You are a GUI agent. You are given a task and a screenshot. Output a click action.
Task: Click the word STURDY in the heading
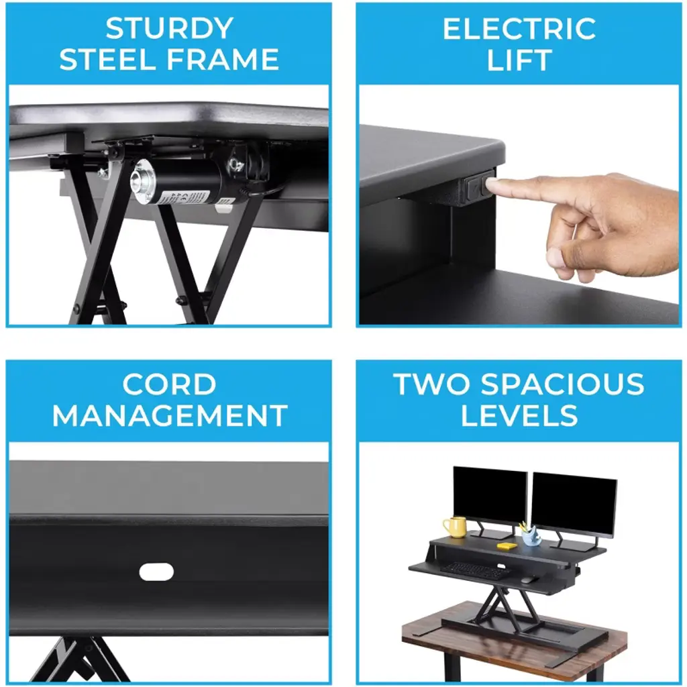(x=169, y=28)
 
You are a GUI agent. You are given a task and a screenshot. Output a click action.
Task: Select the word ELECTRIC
(x=519, y=28)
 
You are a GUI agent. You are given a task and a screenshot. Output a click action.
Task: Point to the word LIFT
(x=519, y=60)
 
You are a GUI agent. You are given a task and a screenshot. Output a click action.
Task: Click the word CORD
(x=169, y=384)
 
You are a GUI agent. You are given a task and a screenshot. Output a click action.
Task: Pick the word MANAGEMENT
(x=170, y=415)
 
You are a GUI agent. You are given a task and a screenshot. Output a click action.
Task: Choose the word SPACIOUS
(x=562, y=384)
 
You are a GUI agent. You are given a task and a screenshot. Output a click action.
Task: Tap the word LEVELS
(x=519, y=415)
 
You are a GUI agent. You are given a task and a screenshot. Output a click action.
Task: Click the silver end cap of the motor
(x=144, y=181)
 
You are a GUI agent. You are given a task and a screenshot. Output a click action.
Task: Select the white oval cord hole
(x=156, y=572)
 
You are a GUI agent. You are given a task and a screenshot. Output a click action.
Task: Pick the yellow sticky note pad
(x=507, y=546)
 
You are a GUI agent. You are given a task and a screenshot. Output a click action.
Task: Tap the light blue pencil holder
(x=531, y=537)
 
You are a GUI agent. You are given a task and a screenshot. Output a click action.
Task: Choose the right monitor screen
(x=574, y=505)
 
